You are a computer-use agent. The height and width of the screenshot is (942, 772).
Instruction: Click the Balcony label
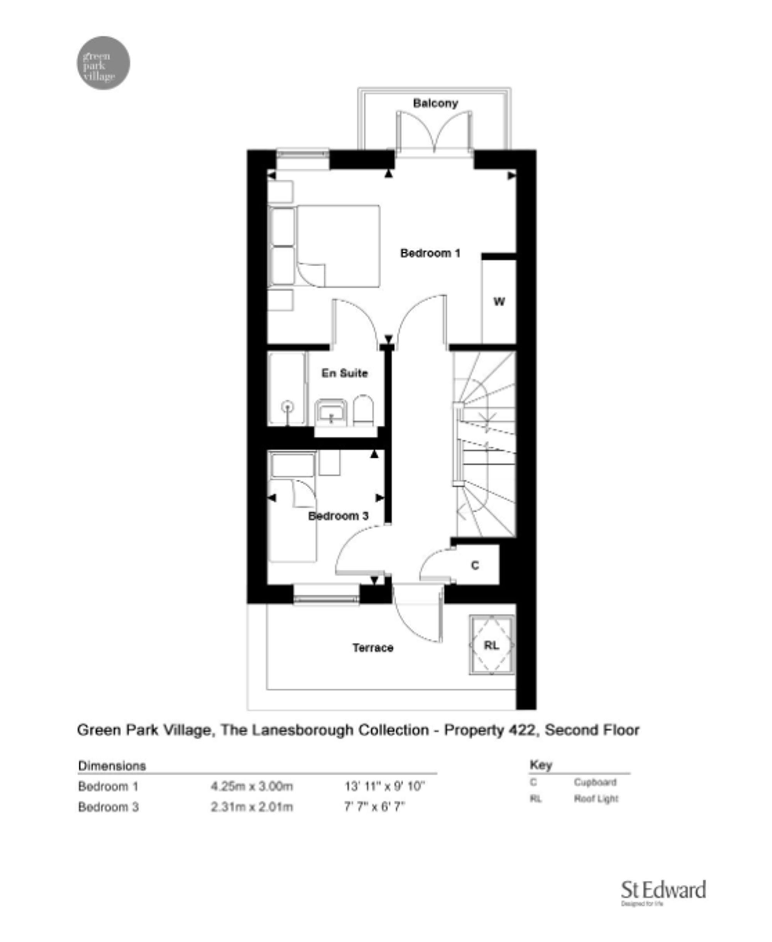point(435,103)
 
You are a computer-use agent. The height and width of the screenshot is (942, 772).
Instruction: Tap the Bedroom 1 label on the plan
point(430,254)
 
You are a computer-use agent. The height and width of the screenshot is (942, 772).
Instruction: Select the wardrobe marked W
point(499,302)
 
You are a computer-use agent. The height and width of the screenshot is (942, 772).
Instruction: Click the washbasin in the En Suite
point(331,413)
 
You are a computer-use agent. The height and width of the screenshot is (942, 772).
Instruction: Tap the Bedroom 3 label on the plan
point(338,516)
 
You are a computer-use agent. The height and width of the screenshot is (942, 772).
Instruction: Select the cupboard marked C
point(475,565)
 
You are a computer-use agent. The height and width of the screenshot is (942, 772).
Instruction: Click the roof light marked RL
point(491,645)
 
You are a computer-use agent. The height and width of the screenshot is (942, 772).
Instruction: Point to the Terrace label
point(372,648)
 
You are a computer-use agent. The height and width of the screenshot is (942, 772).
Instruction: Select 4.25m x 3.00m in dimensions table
point(252,786)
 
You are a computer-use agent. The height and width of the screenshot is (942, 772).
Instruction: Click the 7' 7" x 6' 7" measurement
point(374,807)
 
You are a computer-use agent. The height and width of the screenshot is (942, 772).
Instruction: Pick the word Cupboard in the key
point(594,782)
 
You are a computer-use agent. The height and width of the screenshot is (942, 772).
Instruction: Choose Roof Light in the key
point(596,799)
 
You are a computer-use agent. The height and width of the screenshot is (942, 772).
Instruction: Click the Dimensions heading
point(112,766)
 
